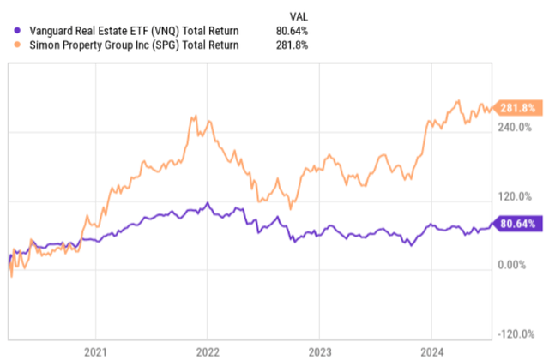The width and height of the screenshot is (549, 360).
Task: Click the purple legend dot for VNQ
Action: tap(9, 32)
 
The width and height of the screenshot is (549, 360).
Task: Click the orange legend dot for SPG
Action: tap(9, 45)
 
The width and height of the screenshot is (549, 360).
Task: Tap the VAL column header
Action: tap(296, 15)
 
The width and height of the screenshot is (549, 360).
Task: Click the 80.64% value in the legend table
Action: tap(295, 32)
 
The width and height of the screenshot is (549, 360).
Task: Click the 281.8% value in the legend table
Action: tap(295, 45)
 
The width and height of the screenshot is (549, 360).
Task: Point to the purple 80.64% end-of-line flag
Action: tap(520, 225)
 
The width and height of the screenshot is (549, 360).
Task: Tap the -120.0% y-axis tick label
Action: tap(520, 334)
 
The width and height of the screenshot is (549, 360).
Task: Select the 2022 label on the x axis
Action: tap(207, 351)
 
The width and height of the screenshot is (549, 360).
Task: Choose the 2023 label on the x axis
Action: tap(319, 351)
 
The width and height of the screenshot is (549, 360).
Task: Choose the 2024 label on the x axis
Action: tap(431, 351)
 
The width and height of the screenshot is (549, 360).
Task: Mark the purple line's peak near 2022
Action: tap(206, 203)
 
